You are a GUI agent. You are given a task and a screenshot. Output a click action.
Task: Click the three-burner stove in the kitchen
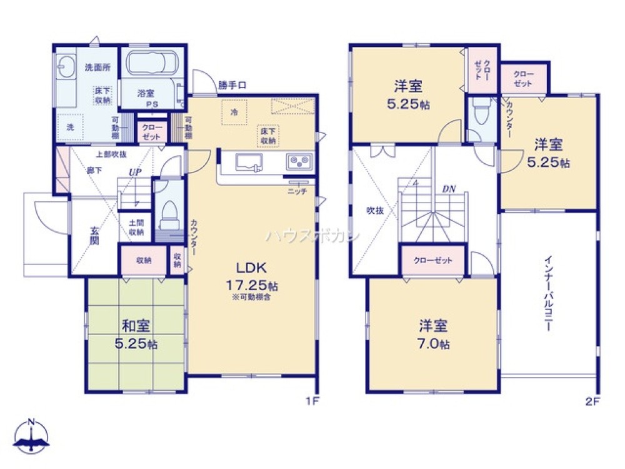coord(298,162)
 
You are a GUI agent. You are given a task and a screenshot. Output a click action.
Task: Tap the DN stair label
coord(448,188)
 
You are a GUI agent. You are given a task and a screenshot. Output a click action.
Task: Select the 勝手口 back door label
coord(232,86)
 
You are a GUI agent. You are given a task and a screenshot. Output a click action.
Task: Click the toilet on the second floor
coord(480,116)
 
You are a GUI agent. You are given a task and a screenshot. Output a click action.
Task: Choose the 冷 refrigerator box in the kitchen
coord(234,113)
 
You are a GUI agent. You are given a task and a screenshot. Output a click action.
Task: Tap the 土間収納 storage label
coord(136,227)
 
